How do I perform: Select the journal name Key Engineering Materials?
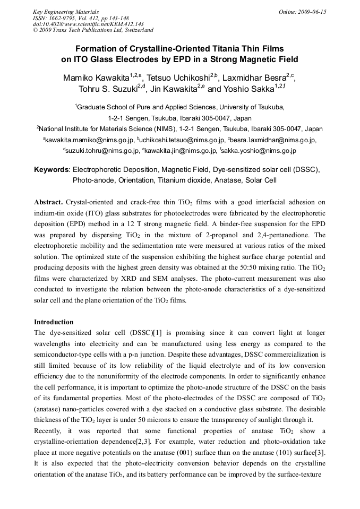coord(66,12)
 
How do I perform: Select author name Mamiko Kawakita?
coord(96,78)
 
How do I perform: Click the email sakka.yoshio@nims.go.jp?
coord(259,151)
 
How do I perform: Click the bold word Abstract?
coord(49,202)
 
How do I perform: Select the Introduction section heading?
coord(54,322)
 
